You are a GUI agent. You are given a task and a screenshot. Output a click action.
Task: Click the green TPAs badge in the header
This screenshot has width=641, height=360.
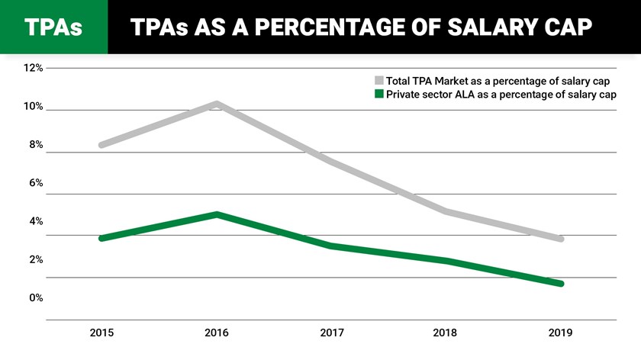coord(53,27)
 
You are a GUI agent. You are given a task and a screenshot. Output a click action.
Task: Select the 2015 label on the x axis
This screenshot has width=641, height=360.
coord(101,333)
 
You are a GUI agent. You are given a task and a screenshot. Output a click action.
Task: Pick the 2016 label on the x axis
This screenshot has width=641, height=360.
coord(217,333)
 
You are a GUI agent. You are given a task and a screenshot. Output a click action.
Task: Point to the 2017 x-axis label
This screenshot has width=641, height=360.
coord(331,333)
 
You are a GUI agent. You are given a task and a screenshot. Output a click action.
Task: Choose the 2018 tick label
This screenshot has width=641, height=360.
coord(446,333)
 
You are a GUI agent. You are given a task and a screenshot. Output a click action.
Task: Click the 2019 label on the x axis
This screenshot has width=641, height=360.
coord(560,333)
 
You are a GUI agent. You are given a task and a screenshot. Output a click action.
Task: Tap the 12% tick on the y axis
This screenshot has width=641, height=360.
coord(33,69)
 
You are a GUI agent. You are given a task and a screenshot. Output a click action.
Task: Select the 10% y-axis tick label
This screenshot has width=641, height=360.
coord(33,107)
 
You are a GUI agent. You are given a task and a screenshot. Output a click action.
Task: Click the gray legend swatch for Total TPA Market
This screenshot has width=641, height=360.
coord(378,80)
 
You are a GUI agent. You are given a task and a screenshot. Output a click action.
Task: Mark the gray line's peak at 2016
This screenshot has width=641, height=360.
coord(217,104)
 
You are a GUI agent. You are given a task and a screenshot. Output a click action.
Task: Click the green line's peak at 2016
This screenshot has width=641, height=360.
coord(217,214)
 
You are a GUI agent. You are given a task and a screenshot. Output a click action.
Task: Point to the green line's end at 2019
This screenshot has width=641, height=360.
coord(561,284)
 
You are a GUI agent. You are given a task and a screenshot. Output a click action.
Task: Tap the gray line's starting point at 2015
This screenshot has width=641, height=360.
coord(101,145)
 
